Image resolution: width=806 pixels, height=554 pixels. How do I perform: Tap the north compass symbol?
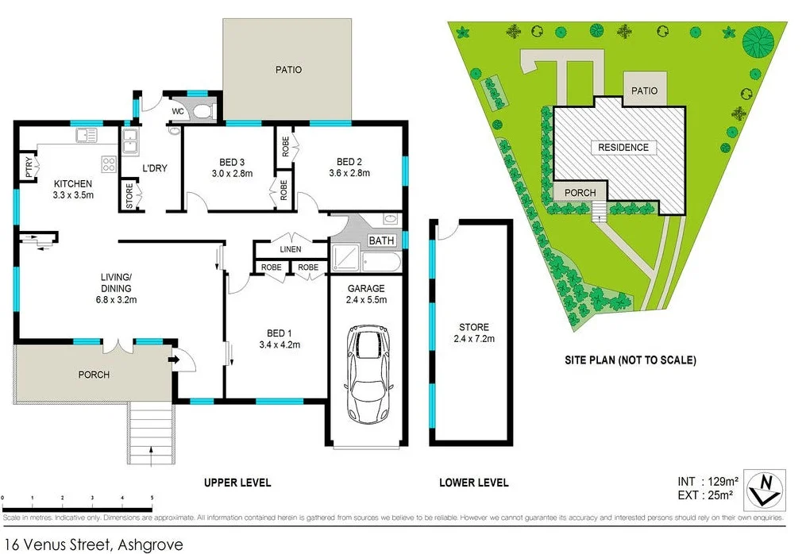(x=766, y=488)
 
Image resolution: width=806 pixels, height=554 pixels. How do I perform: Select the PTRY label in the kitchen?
(x=29, y=167)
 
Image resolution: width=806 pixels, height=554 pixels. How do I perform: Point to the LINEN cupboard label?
(x=291, y=250)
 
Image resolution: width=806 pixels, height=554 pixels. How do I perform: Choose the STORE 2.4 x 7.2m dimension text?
(x=473, y=339)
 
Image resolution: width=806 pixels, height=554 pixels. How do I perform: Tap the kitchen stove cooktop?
(x=109, y=165)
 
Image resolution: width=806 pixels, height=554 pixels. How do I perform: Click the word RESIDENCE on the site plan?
(x=623, y=148)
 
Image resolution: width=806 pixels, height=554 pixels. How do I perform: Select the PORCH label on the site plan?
(x=580, y=193)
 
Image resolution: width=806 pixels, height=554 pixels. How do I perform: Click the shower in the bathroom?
(x=347, y=256)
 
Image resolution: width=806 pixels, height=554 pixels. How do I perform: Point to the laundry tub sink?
(x=129, y=143)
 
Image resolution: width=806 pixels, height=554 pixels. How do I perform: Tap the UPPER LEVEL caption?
(x=237, y=483)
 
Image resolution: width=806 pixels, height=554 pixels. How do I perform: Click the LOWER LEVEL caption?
(x=473, y=483)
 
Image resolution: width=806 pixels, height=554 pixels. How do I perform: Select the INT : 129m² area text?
(x=708, y=481)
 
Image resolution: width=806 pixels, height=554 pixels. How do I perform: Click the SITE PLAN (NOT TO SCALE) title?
(x=630, y=360)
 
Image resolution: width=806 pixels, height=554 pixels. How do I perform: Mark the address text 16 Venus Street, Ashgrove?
(x=93, y=544)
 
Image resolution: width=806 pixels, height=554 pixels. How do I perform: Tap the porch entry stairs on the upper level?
(x=151, y=433)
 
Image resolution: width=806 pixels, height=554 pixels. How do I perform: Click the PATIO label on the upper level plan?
(x=288, y=70)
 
